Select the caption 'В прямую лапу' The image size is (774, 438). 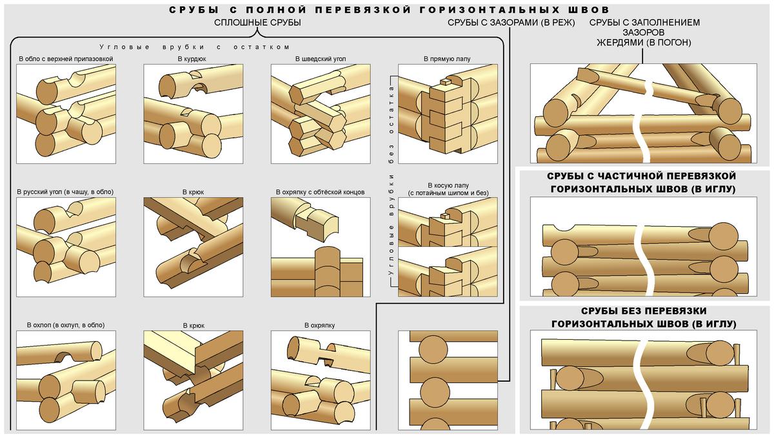pos(447,59)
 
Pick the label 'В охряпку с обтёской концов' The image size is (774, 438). pos(320,192)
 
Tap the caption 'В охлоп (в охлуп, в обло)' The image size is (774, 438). pos(65,325)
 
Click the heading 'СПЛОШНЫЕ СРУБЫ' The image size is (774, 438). pos(258,23)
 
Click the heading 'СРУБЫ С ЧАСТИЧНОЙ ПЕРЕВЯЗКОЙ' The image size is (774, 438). pos(641,176)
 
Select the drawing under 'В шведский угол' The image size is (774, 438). pos(321,113)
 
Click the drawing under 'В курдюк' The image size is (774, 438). pos(193,113)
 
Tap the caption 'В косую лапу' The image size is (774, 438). pos(446,185)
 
